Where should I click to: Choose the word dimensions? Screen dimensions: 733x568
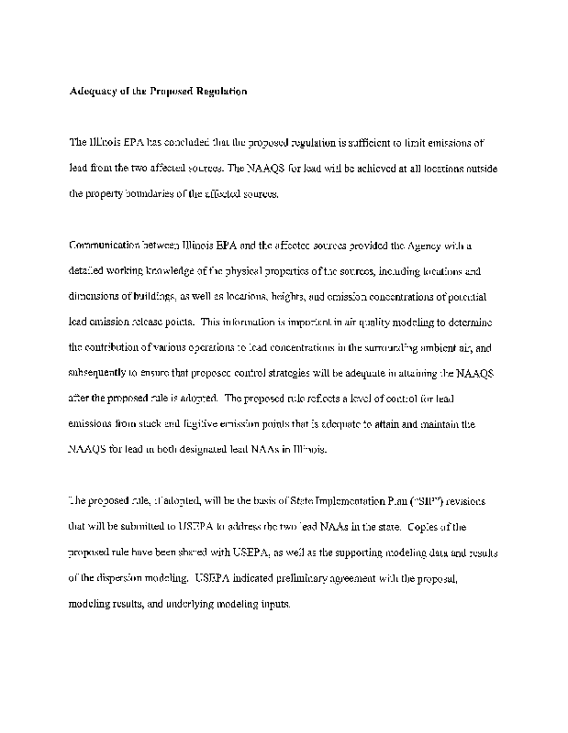pyautogui.click(x=95, y=297)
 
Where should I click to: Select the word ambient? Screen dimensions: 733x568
pyautogui.click(x=440, y=348)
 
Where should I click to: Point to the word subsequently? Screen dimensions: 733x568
pyautogui.click(x=101, y=374)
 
